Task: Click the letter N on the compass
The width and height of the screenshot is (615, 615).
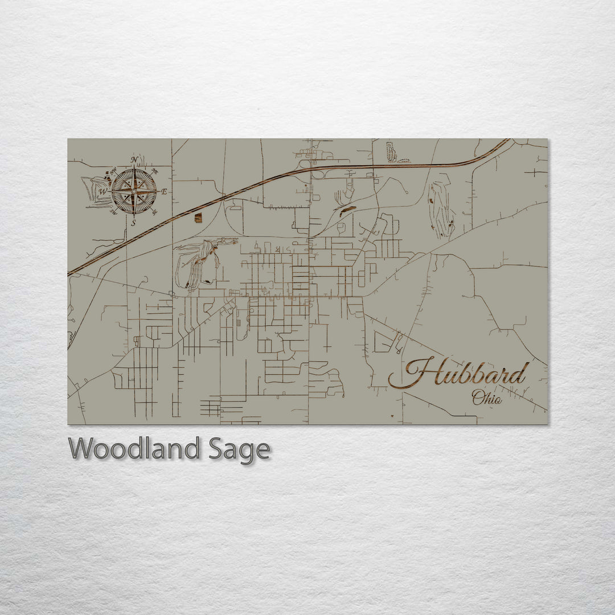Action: [134, 160]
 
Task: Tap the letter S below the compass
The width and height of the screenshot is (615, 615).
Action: [134, 223]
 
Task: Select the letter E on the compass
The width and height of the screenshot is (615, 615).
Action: [165, 192]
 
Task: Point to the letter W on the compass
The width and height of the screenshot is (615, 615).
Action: [103, 192]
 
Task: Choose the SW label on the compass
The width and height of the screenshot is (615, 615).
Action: [113, 213]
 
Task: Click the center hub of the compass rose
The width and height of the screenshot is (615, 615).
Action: [134, 191]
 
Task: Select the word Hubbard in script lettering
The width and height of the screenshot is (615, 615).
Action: [458, 374]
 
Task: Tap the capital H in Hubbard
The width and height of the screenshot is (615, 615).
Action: [416, 373]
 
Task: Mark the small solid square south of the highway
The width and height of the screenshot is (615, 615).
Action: [198, 218]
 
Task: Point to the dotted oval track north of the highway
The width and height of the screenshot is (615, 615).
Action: [391, 152]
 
